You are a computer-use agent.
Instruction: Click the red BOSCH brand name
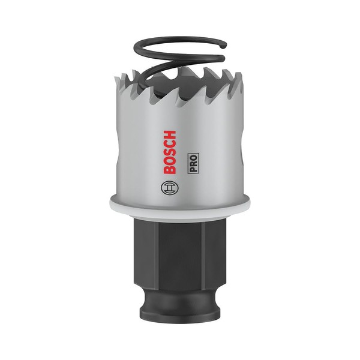click(170, 152)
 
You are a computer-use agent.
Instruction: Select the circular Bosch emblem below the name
click(170, 187)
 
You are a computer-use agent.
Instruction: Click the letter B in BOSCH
click(170, 170)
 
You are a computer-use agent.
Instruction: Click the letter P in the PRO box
click(194, 169)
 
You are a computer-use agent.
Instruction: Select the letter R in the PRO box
click(194, 161)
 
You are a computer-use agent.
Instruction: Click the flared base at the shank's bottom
click(180, 311)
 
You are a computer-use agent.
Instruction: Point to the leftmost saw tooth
click(121, 81)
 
